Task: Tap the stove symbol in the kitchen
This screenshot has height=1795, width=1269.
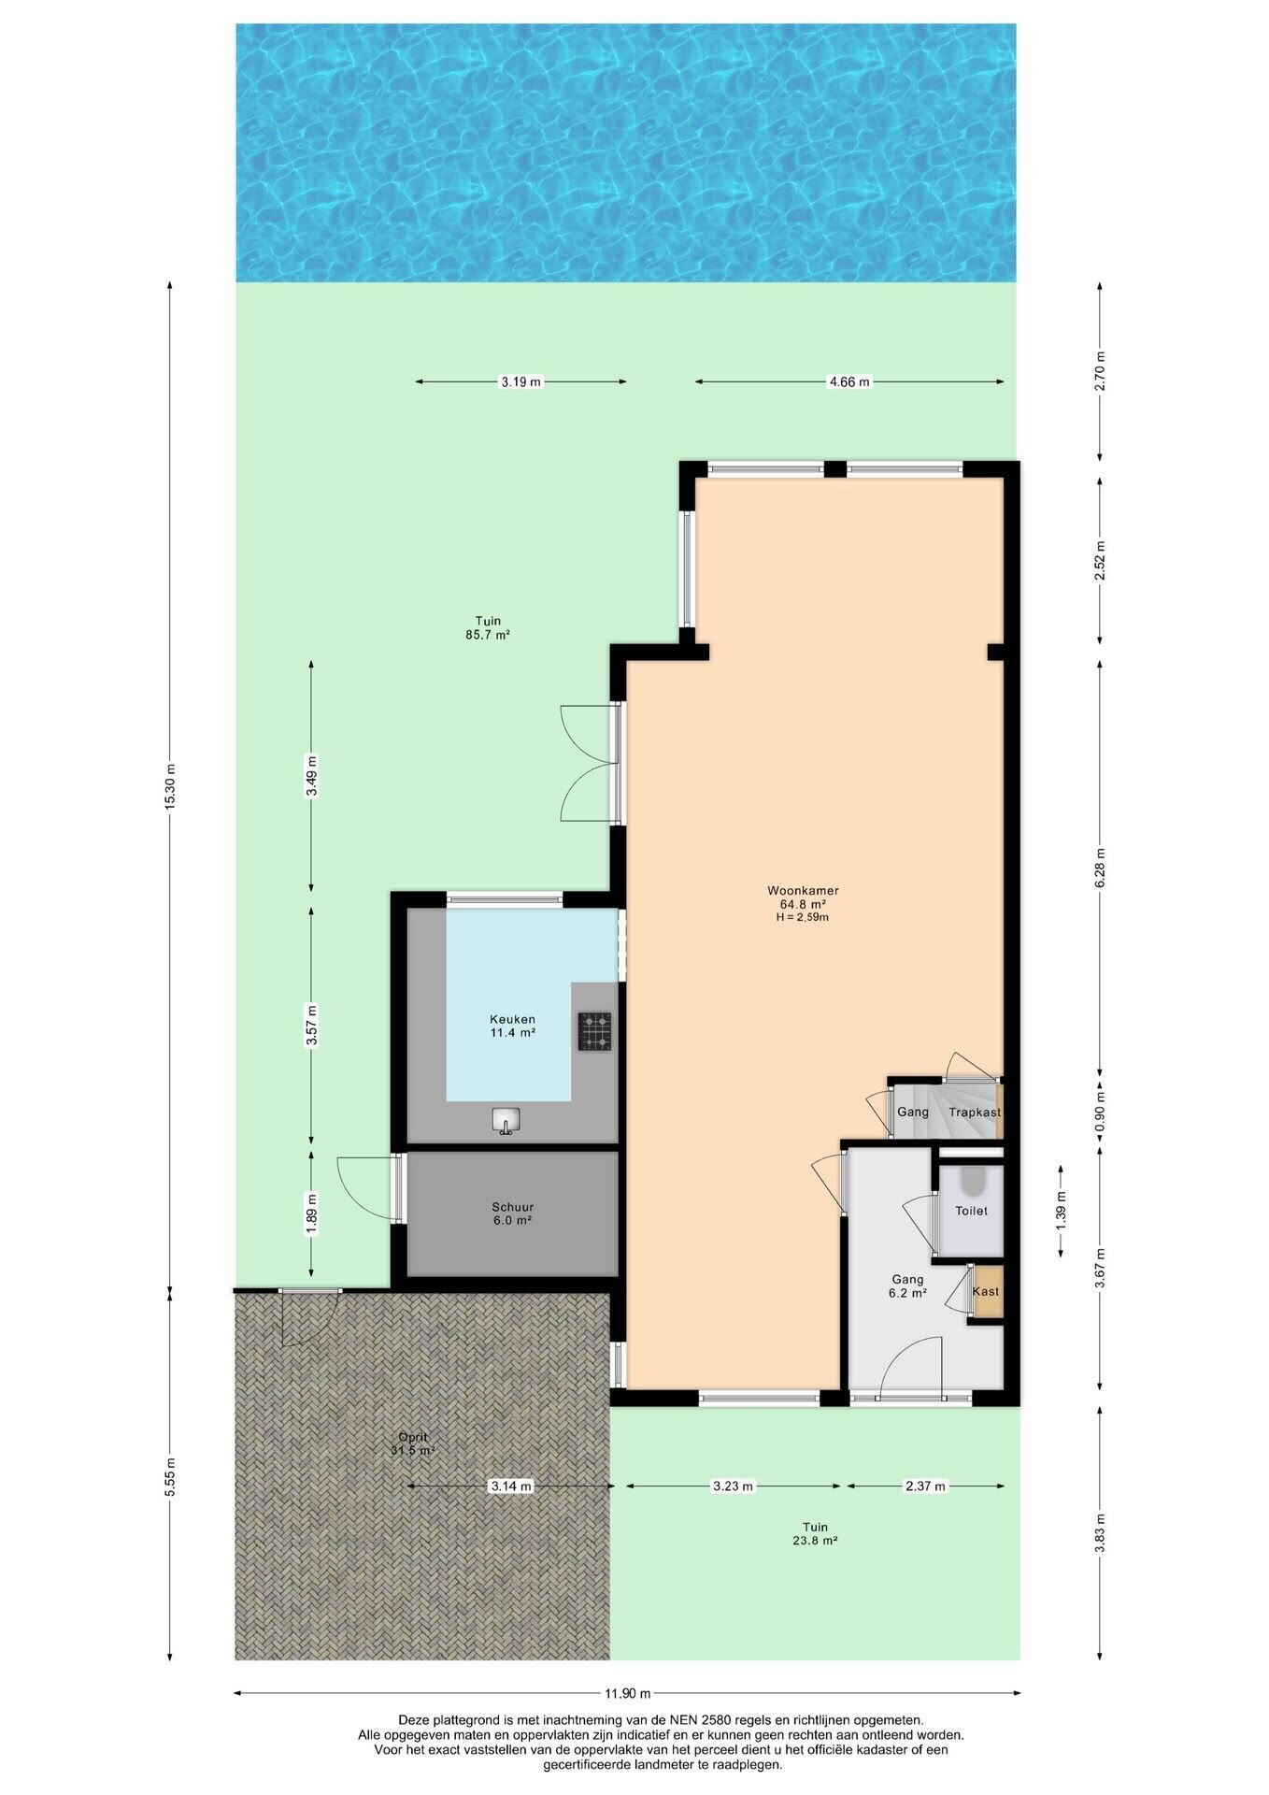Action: [x=595, y=1031]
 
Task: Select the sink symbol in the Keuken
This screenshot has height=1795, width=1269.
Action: [x=506, y=1120]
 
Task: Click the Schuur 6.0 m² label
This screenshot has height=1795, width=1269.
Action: [x=512, y=1213]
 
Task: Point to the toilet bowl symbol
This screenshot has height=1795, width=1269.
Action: [x=972, y=1183]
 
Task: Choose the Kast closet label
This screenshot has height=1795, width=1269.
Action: [x=985, y=1291]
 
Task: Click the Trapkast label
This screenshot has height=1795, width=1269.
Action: [x=974, y=1112]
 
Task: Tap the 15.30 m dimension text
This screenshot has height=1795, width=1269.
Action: [x=169, y=787]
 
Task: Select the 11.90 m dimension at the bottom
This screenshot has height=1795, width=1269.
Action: [x=627, y=1693]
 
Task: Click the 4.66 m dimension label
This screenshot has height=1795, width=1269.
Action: [x=849, y=381]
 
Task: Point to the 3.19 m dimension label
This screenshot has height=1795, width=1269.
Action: [x=520, y=381]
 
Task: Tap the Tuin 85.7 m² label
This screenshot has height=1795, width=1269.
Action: [x=488, y=626]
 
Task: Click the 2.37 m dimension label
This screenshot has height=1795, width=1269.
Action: [x=925, y=1486]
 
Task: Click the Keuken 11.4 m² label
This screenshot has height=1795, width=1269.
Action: [x=512, y=1026]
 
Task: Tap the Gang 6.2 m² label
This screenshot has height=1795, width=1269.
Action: [x=906, y=1285]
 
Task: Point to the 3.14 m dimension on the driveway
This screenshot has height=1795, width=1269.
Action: [x=511, y=1486]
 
